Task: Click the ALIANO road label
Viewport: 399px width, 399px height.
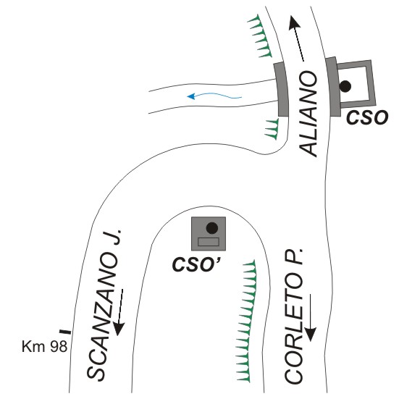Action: (x=308, y=114)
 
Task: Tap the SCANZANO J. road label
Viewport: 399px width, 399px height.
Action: (x=104, y=306)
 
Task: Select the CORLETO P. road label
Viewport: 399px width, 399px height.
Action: (x=294, y=316)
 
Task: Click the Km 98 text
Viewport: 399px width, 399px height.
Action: (x=44, y=346)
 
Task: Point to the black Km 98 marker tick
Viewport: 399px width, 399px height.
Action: (x=65, y=332)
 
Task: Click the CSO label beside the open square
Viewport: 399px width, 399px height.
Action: (x=367, y=117)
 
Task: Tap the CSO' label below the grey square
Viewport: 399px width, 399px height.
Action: (x=197, y=264)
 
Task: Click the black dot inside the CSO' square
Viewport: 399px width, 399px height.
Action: (x=212, y=228)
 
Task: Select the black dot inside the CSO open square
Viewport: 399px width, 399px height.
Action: (x=345, y=86)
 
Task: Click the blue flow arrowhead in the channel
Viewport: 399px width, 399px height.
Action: (x=191, y=96)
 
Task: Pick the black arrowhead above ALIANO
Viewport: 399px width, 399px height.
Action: (x=294, y=22)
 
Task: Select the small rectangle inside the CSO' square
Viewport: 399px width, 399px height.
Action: (x=209, y=242)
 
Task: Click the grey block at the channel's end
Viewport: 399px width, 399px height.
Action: (x=282, y=89)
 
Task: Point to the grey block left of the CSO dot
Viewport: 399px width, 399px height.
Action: (x=333, y=87)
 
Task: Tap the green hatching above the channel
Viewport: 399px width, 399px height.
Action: (x=260, y=36)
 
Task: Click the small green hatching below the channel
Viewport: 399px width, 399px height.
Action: (x=272, y=129)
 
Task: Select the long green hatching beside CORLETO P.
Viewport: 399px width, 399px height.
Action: (x=246, y=321)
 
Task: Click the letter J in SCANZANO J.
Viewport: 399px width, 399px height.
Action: (x=115, y=238)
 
